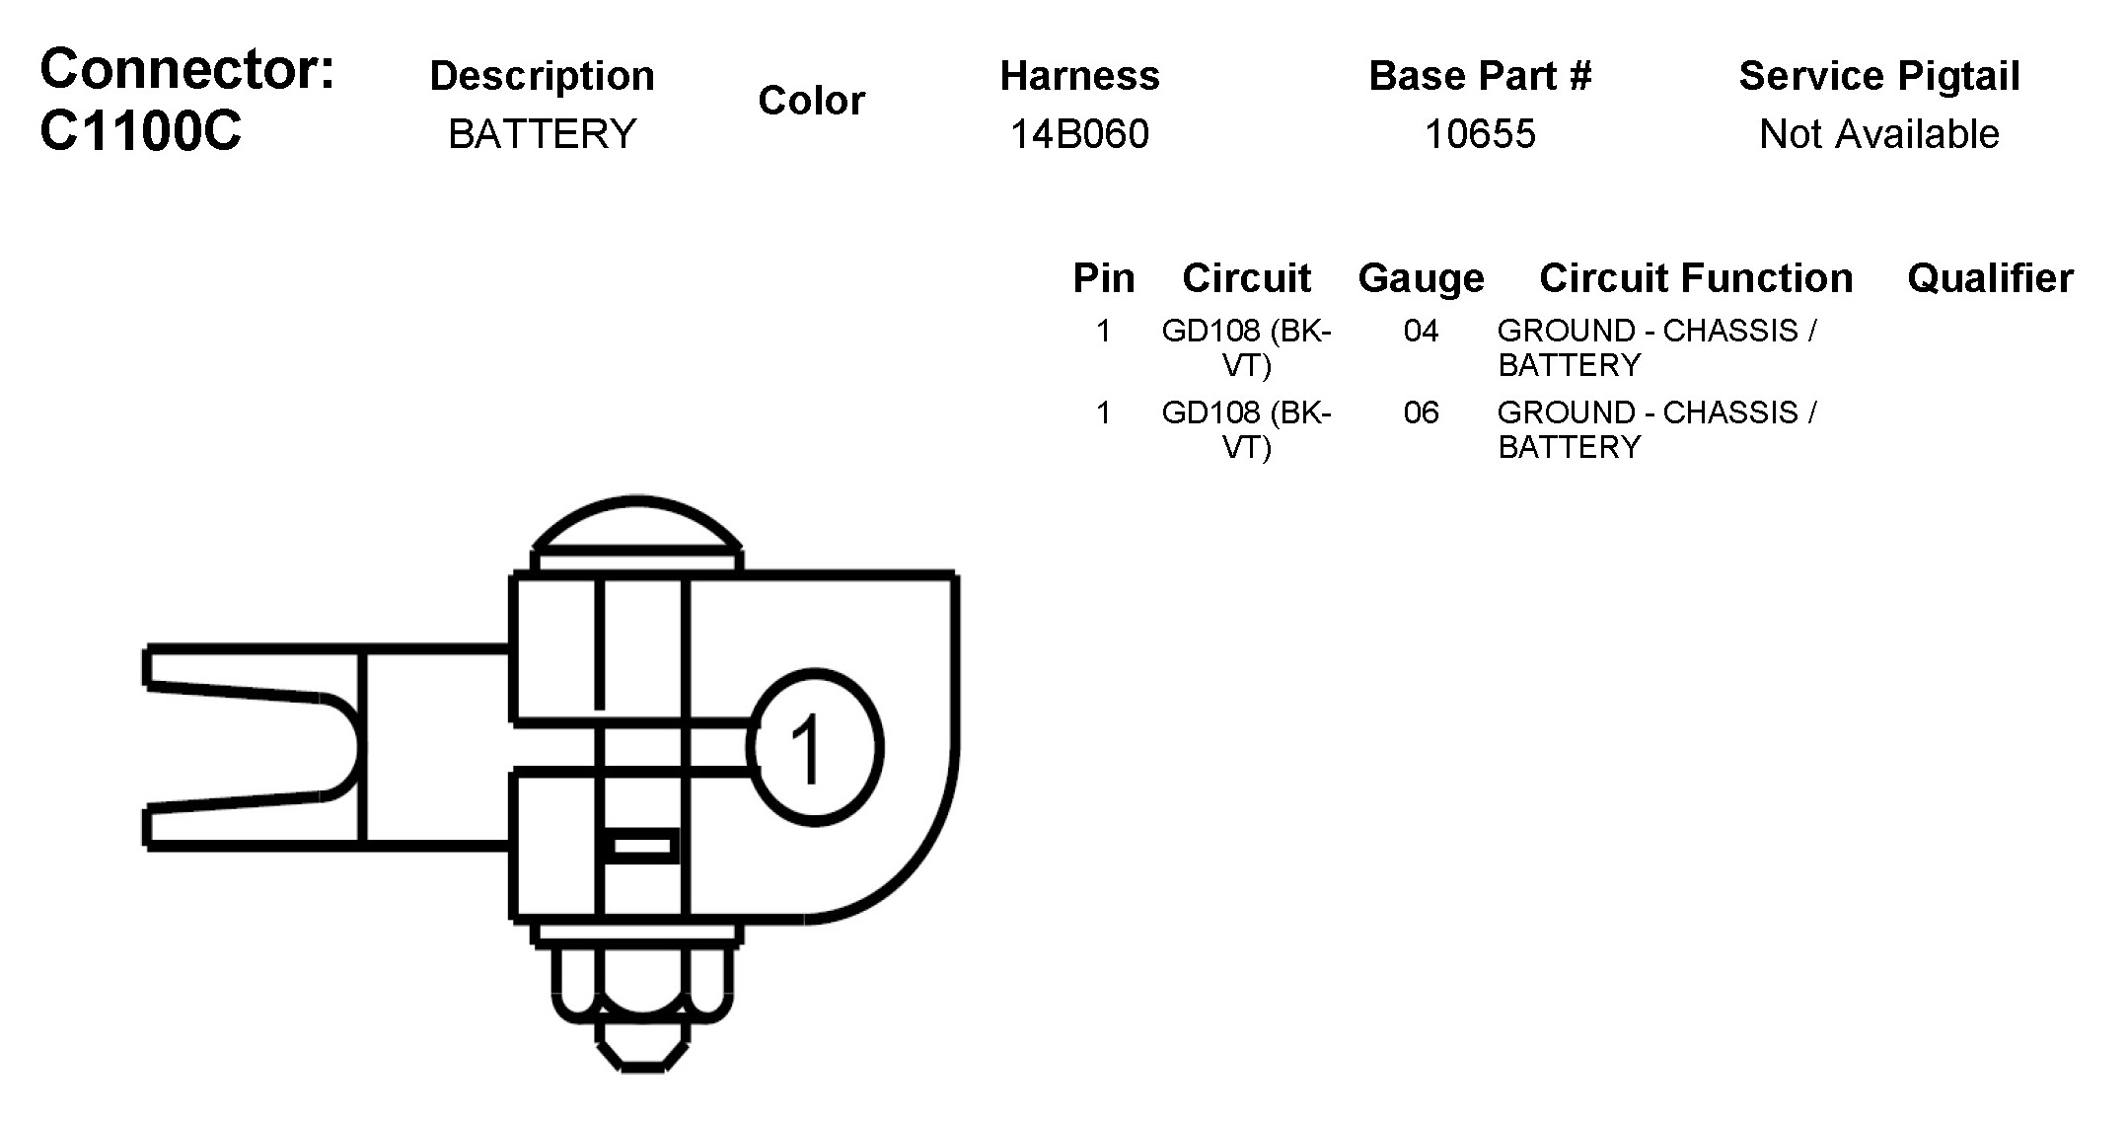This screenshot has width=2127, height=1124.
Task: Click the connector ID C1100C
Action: tap(140, 131)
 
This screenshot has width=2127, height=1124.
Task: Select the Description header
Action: tap(542, 76)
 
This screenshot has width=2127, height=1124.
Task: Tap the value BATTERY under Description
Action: tap(543, 134)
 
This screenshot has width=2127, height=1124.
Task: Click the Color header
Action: tap(811, 101)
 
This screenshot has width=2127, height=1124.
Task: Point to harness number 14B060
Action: tap(1079, 134)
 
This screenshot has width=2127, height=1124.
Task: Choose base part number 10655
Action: tap(1480, 134)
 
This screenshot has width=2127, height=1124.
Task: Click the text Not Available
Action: tap(1878, 134)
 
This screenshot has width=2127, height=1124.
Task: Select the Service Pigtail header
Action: tap(1879, 76)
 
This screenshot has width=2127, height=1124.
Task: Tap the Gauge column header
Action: tap(1421, 278)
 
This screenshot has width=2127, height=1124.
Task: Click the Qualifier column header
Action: tap(1990, 278)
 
